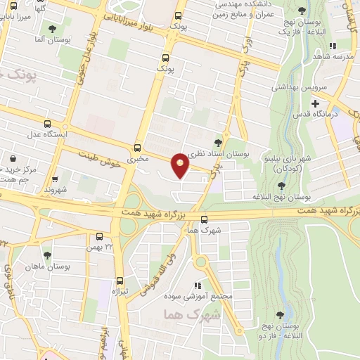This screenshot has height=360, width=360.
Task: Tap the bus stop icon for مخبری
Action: (x=137, y=148)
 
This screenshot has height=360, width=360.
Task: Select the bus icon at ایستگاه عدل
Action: (x=47, y=123)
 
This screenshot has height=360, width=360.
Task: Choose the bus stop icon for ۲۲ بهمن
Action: (x=98, y=237)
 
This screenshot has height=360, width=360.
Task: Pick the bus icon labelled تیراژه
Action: (x=120, y=281)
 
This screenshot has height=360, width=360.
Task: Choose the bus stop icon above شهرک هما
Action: (x=205, y=219)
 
